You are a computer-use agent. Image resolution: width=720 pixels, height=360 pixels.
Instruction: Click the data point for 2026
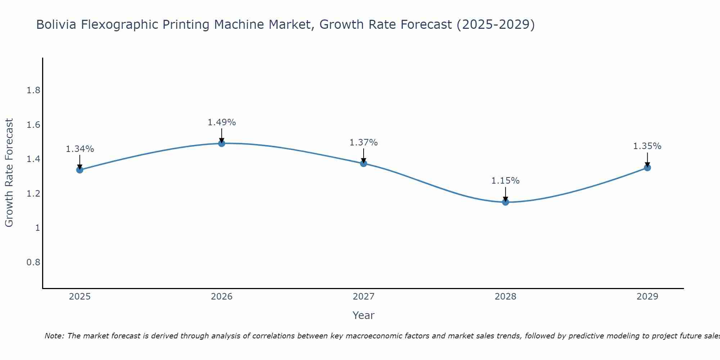(222, 143)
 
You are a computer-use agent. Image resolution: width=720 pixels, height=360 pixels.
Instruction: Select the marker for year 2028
(505, 202)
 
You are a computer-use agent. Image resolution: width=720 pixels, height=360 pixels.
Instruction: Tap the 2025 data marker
(80, 170)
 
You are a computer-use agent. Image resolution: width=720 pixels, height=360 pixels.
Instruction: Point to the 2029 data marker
(647, 167)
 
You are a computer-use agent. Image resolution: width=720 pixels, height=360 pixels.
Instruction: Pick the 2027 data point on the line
(364, 163)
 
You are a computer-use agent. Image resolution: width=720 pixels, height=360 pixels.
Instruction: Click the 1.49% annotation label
(222, 122)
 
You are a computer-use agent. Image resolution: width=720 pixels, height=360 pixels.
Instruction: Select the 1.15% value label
(505, 181)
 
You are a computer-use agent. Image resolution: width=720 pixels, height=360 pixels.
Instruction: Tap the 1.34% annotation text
(80, 149)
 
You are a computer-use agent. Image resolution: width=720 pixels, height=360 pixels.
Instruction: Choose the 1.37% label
(364, 143)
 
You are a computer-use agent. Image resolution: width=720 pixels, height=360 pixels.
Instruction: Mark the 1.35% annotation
(647, 146)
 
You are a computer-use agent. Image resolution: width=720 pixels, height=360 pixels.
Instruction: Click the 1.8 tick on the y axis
(33, 90)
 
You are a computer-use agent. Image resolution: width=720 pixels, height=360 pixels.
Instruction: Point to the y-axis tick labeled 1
(37, 228)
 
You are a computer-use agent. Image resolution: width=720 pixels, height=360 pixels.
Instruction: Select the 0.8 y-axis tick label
(33, 262)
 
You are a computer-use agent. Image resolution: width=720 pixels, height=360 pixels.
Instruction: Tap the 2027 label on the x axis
(364, 297)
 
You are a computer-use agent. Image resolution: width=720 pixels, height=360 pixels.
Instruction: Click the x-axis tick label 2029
(647, 297)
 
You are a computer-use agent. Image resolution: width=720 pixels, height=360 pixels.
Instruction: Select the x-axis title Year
(364, 315)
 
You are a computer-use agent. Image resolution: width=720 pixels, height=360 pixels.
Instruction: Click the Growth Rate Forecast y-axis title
(9, 173)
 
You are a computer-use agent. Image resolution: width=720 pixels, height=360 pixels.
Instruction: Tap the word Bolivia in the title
(56, 25)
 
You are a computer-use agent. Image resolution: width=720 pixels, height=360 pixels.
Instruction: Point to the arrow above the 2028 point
(505, 194)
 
